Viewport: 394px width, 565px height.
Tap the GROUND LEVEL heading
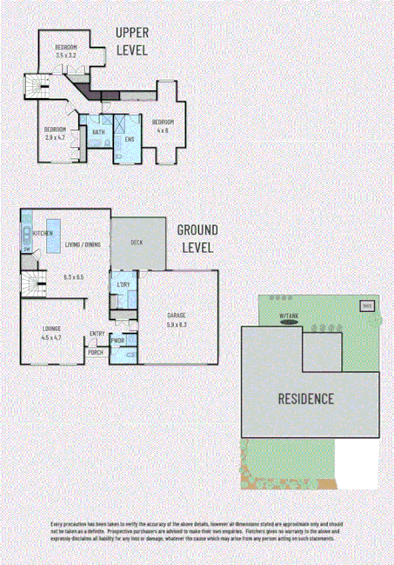point(197,238)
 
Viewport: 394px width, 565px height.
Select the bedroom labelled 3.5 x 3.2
point(66,50)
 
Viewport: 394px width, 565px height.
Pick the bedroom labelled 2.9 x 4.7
point(56,132)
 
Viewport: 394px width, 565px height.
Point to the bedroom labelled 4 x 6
point(163,125)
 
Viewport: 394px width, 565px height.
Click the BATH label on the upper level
point(98,132)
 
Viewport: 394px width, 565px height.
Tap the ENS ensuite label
point(129,139)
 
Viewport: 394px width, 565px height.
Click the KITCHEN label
point(44,234)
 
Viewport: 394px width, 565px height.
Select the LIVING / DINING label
point(83,244)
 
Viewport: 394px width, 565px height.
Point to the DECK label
point(137,243)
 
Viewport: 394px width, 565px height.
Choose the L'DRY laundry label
point(123,285)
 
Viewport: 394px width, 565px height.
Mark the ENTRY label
point(97,333)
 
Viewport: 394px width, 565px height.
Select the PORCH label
point(95,352)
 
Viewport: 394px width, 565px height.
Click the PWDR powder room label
point(117,341)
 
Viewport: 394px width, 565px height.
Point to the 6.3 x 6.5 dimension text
point(73,276)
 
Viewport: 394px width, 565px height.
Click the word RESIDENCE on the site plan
point(306,400)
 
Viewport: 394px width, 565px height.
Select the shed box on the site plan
point(367,307)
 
